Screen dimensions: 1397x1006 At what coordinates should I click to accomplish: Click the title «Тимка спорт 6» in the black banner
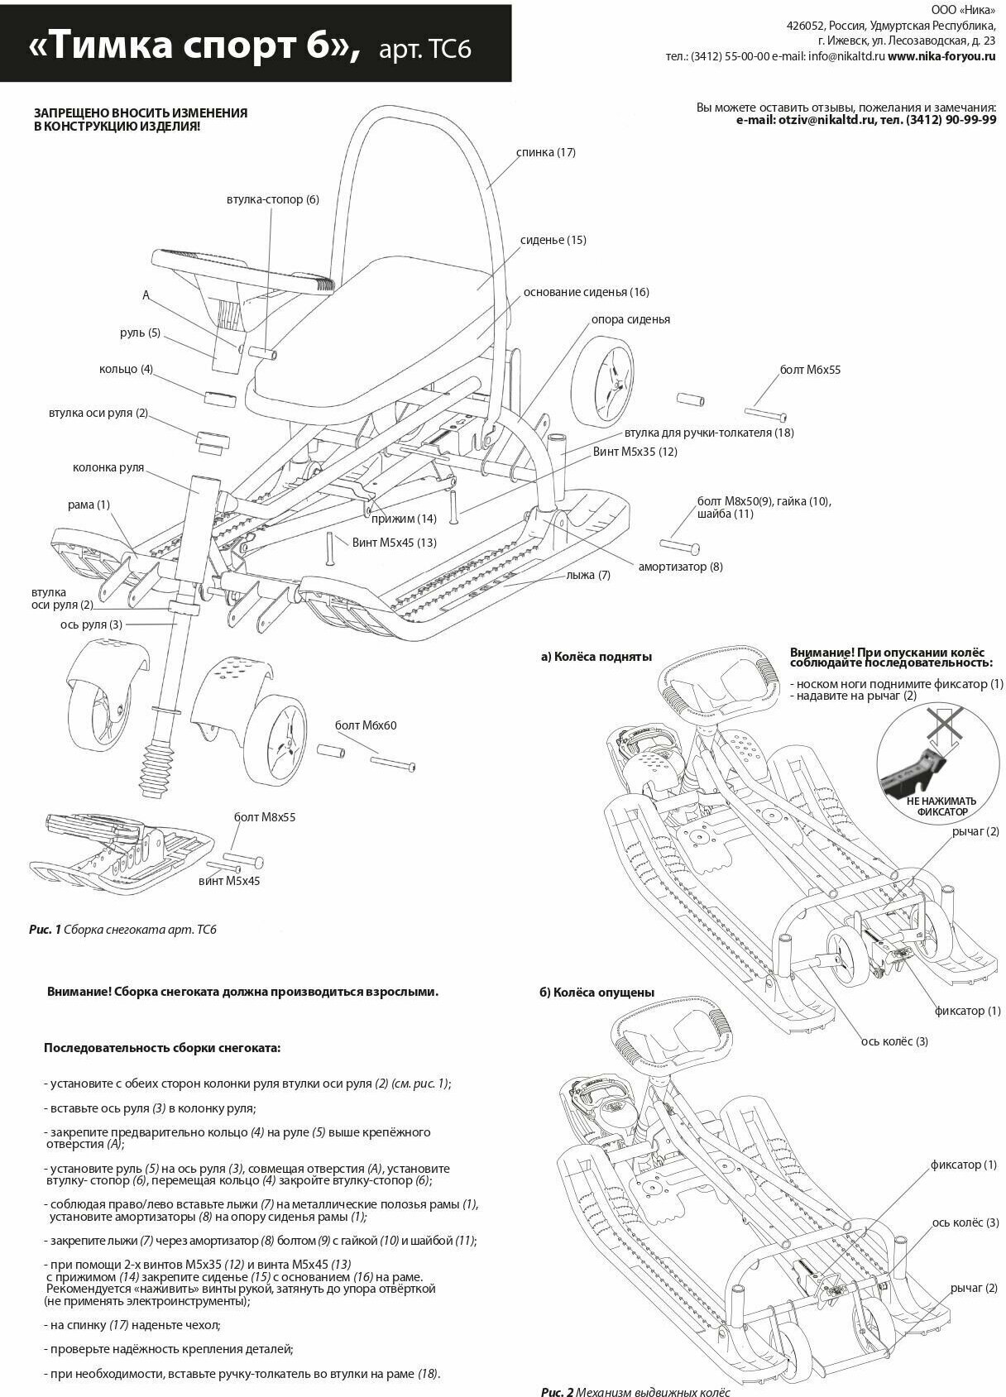tap(194, 46)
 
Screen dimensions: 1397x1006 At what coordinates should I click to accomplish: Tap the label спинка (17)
tap(545, 152)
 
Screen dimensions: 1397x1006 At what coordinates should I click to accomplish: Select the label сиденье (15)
tap(553, 240)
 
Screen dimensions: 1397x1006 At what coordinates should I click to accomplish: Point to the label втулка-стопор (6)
tap(272, 199)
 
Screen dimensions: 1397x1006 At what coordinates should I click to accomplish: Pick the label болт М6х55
tap(810, 370)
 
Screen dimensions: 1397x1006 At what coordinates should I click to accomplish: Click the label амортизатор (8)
tap(680, 567)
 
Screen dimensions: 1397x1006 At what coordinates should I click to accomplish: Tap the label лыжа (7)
tap(588, 575)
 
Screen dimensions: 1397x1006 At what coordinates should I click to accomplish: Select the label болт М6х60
tap(366, 725)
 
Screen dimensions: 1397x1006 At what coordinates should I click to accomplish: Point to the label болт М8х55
tap(265, 817)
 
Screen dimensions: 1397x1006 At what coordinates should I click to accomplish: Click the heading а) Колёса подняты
tap(596, 657)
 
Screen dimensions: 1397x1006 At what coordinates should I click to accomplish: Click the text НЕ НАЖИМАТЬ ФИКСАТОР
tap(941, 806)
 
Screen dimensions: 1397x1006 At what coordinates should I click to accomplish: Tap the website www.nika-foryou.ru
tap(941, 57)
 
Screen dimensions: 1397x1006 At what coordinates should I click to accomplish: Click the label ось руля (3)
tap(91, 624)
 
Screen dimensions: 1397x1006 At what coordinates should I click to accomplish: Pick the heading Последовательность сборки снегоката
tap(162, 1048)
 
